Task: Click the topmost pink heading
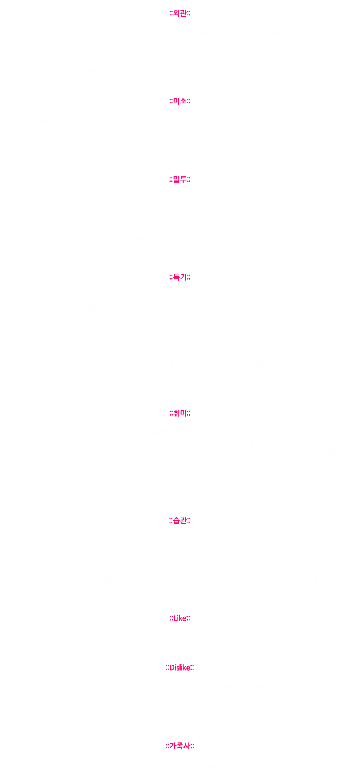tap(180, 14)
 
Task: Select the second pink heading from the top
tap(180, 101)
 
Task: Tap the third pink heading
tap(180, 180)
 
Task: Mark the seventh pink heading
tap(180, 618)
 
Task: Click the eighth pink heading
tap(180, 668)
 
